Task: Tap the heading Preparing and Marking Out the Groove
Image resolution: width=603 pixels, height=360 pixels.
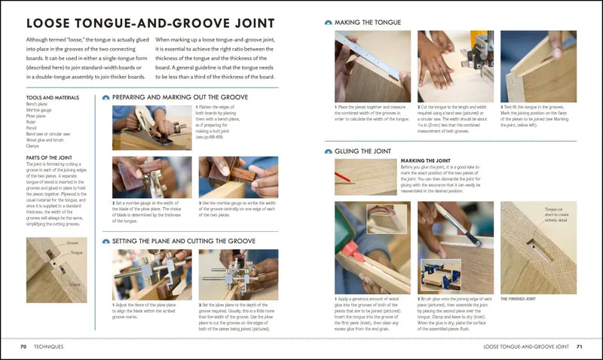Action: coord(175,97)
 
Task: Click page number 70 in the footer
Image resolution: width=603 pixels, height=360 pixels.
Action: coord(24,347)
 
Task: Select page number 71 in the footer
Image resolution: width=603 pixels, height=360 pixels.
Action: coord(579,347)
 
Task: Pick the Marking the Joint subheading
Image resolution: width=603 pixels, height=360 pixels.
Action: coord(427,160)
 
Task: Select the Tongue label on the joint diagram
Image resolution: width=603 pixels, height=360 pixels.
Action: coord(75,254)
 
